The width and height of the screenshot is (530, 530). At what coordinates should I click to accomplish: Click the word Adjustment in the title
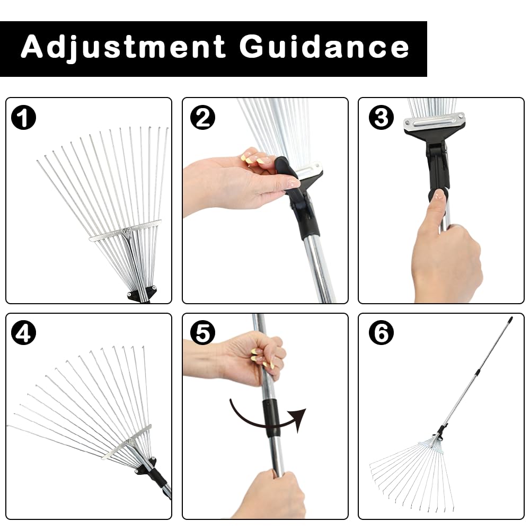point(123,48)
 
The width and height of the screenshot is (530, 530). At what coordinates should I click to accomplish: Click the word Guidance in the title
point(324,48)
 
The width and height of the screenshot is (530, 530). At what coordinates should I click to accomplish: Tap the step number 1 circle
point(23,118)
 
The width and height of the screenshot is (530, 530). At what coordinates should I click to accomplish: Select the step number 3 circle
point(381,118)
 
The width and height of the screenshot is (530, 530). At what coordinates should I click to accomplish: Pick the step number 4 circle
point(23,333)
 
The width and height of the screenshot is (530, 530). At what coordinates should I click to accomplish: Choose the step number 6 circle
point(381,333)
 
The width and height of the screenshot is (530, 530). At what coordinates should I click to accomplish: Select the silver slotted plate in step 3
point(434,122)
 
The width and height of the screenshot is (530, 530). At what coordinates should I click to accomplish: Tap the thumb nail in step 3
point(438,195)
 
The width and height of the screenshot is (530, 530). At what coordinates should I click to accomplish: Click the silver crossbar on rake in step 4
point(127,441)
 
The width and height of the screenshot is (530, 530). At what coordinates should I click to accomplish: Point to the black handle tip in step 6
point(509,321)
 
